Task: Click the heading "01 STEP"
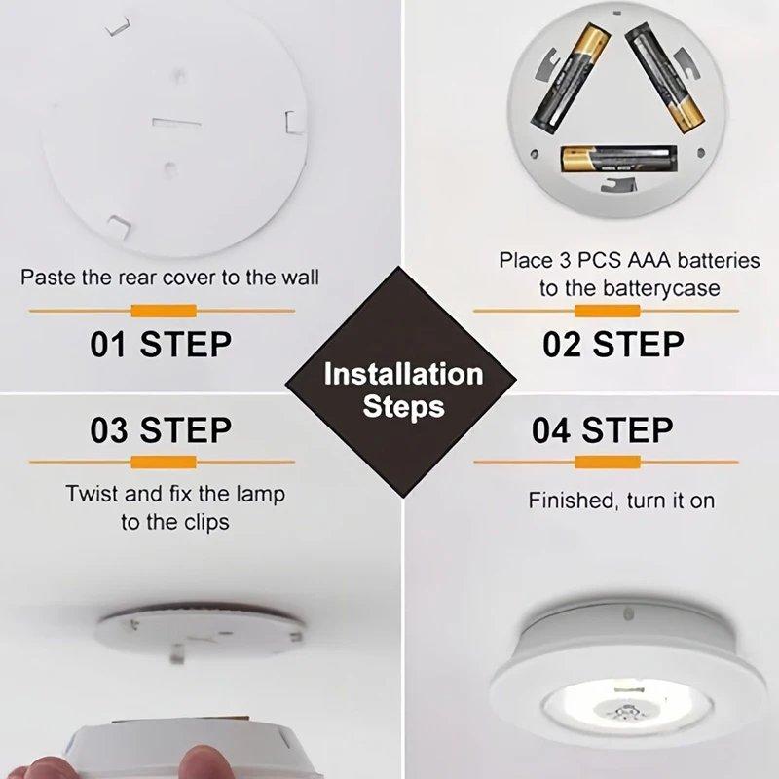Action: click(161, 344)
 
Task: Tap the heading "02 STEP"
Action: click(612, 344)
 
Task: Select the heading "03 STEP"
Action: click(161, 429)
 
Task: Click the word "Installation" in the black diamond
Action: click(403, 374)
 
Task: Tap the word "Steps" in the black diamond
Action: click(403, 406)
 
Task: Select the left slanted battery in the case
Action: click(571, 78)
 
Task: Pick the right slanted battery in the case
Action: click(666, 78)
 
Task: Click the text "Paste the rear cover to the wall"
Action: click(169, 278)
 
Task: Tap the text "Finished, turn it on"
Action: click(621, 501)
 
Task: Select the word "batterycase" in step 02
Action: click(661, 288)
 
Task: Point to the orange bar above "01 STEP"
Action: click(163, 311)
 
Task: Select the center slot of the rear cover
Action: click(175, 124)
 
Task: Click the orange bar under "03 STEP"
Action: click(163, 461)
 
